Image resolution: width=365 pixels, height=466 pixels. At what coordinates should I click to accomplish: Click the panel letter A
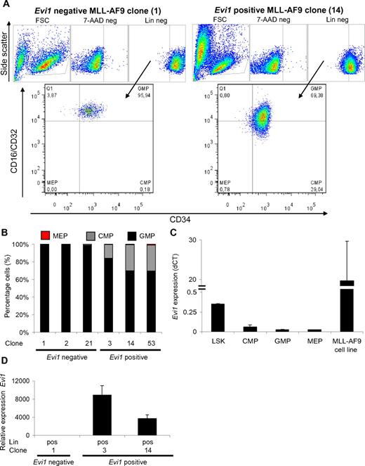(5, 4)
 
